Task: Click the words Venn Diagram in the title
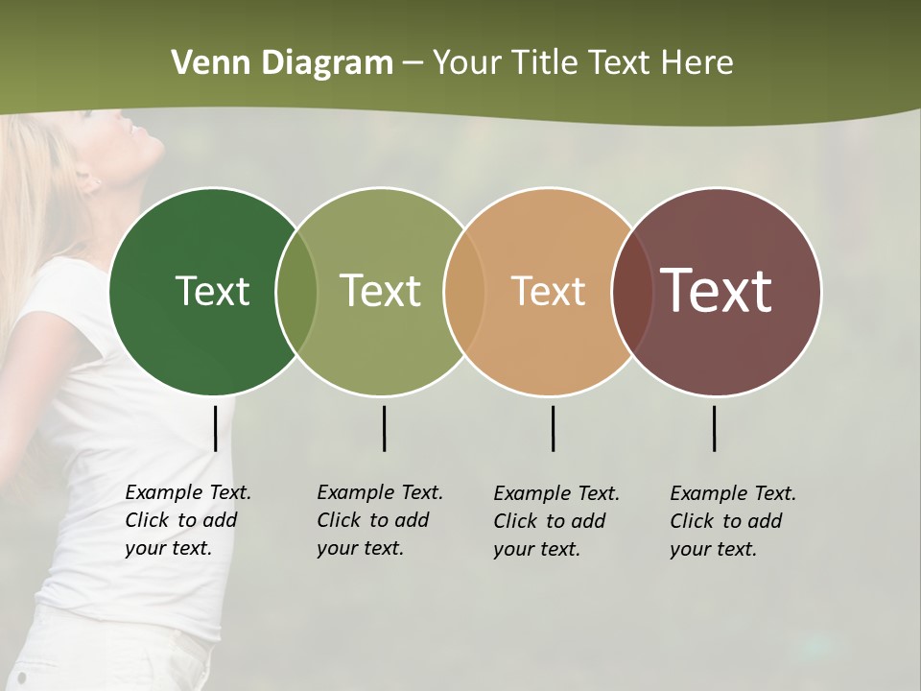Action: pyautogui.click(x=282, y=63)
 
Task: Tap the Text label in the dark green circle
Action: pyautogui.click(x=212, y=291)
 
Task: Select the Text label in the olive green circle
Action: pyautogui.click(x=381, y=291)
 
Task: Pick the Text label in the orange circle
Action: pyautogui.click(x=548, y=291)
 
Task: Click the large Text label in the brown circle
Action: pyautogui.click(x=717, y=290)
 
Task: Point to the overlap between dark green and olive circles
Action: pyautogui.click(x=296, y=292)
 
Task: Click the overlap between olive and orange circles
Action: pyautogui.click(x=463, y=292)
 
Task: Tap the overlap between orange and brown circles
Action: pyautogui.click(x=631, y=292)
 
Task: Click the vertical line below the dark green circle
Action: pyautogui.click(x=215, y=428)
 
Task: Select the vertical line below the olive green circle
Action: pyautogui.click(x=384, y=428)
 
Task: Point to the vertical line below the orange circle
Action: pyautogui.click(x=553, y=428)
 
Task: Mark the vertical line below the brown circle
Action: pyautogui.click(x=714, y=428)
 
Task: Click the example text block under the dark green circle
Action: pyautogui.click(x=187, y=520)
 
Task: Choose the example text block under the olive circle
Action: pyautogui.click(x=379, y=520)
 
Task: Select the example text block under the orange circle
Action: pyautogui.click(x=555, y=521)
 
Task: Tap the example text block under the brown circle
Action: pyautogui.click(x=732, y=521)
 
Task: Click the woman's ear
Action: pyautogui.click(x=89, y=179)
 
